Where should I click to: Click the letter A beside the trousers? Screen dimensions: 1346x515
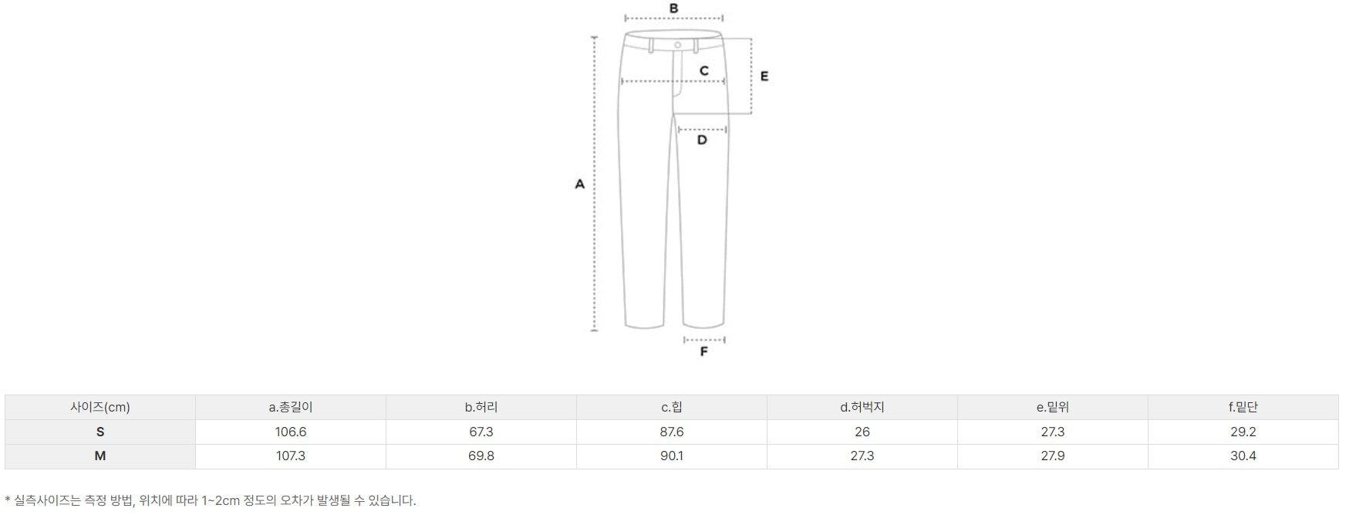point(580,185)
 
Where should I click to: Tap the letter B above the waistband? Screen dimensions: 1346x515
point(673,8)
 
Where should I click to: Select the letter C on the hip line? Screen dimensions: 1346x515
point(704,70)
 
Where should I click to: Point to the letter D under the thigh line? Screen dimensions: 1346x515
point(702,140)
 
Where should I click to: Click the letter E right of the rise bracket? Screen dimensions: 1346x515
point(764,76)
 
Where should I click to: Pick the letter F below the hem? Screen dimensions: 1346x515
point(703,351)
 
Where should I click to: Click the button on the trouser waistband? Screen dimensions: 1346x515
point(678,46)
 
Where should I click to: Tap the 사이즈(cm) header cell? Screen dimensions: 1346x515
point(100,407)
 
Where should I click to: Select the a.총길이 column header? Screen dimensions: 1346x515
point(291,407)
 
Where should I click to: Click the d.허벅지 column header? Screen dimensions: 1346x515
point(862,407)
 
